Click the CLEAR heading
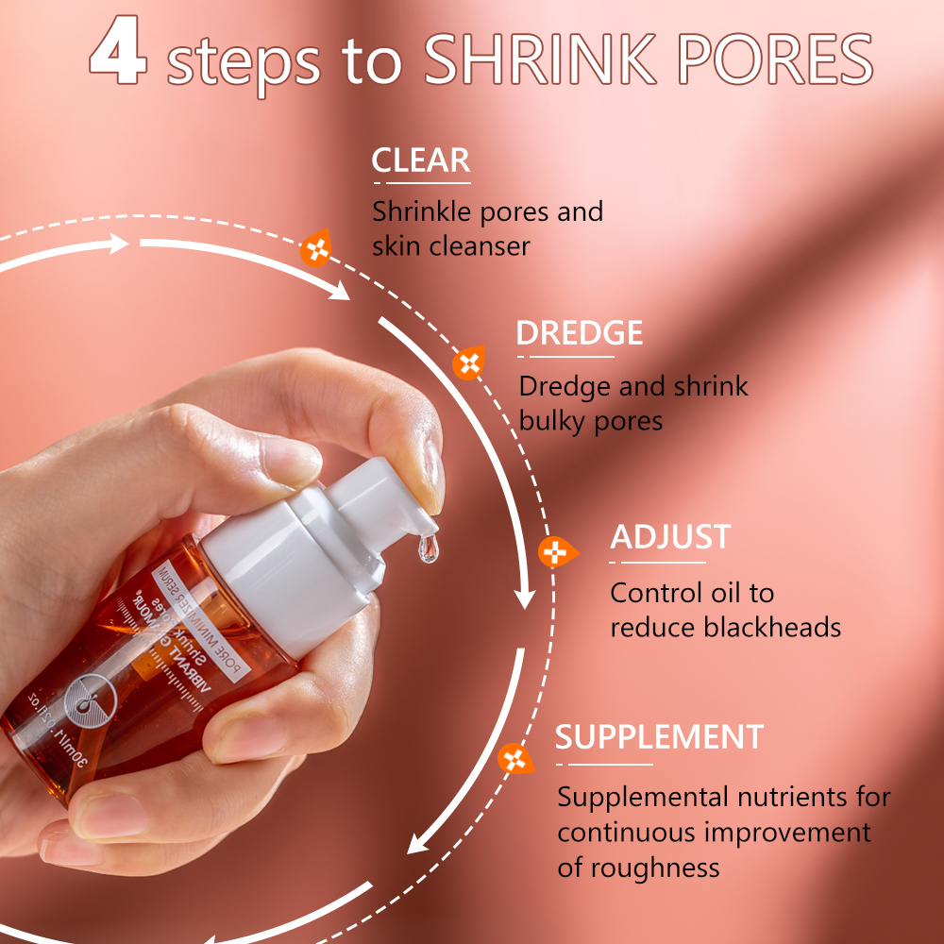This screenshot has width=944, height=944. (420, 161)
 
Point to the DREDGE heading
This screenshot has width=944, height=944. (579, 333)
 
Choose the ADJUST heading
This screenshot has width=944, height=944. (670, 537)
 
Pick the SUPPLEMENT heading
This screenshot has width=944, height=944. (659, 737)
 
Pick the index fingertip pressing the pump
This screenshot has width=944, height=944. (430, 472)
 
